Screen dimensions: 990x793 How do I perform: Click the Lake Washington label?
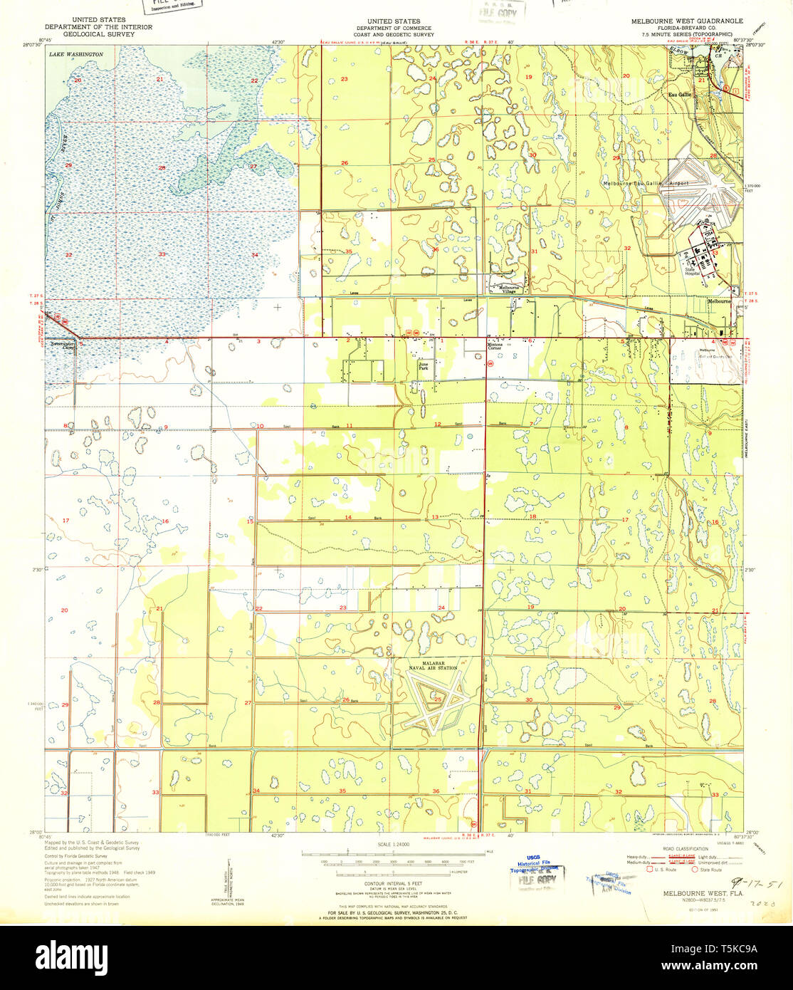75,54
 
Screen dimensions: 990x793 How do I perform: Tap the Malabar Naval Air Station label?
433,665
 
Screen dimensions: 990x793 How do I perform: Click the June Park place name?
423,367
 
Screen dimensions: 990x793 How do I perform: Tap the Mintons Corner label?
495,346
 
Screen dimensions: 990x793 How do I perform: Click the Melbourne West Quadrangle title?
687,21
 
